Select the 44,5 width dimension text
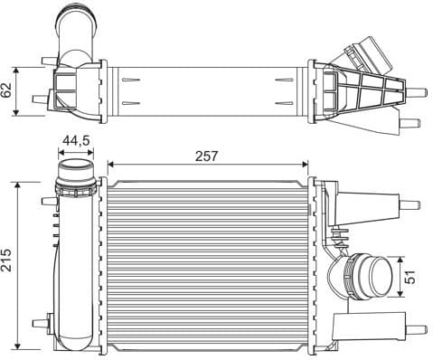tap(76, 141)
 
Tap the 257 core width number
tap(207, 156)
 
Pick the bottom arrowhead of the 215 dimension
tap(17, 346)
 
